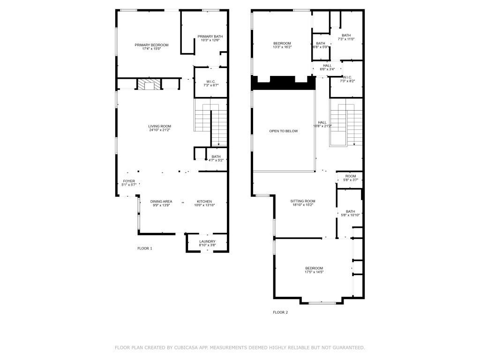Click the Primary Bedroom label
point(151,45)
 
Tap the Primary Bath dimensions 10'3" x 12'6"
point(210,40)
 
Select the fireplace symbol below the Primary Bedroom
point(149,85)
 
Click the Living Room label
point(159,126)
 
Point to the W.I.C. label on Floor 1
point(210,81)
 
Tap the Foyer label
point(129,181)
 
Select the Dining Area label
point(161,202)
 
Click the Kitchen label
point(204,202)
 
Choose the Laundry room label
point(207,241)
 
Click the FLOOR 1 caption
point(144,248)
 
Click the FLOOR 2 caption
point(280,312)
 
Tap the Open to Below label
point(283,131)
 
